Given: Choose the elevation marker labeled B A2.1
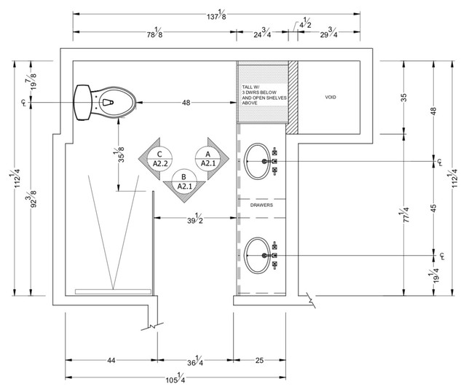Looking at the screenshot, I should point(184,181).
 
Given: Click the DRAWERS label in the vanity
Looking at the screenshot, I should point(262,206).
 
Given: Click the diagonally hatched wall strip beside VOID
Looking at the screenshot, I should point(293,97).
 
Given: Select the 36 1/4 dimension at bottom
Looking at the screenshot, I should point(194,362).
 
